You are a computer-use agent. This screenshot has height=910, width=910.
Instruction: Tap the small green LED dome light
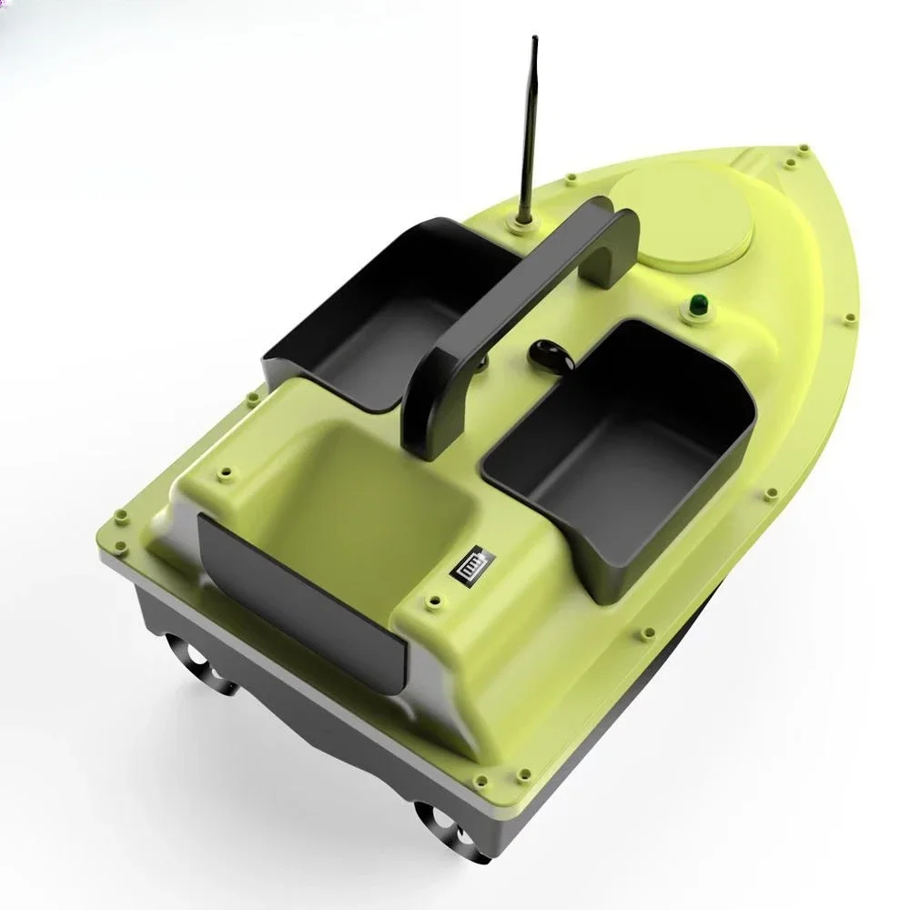click(x=698, y=305)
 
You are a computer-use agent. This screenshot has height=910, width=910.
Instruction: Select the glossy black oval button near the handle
click(x=547, y=355)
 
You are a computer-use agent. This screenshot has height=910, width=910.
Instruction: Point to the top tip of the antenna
click(x=532, y=41)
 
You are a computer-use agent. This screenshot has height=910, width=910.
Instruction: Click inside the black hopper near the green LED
click(x=628, y=437)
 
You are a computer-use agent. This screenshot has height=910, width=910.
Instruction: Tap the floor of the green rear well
click(x=364, y=510)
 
